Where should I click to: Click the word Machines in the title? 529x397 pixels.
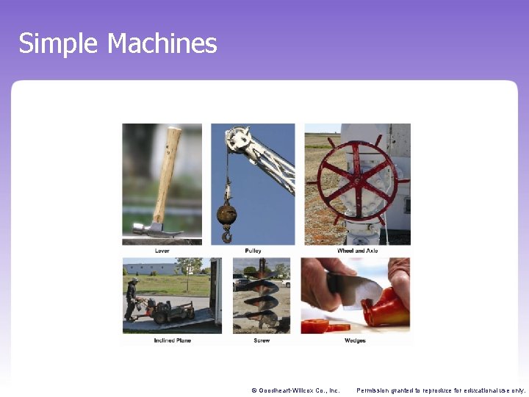(x=162, y=43)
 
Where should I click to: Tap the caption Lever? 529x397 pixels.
(x=162, y=251)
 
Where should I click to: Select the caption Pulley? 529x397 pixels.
(x=253, y=251)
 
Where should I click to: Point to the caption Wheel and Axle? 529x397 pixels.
(x=358, y=251)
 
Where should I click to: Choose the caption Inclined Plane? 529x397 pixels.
(x=171, y=340)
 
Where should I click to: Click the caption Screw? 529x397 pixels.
(x=262, y=340)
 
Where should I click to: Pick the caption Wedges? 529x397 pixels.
(x=355, y=340)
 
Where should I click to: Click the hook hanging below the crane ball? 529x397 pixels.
(x=226, y=236)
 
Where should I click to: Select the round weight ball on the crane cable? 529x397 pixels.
(x=226, y=215)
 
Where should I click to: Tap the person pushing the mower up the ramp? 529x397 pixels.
(x=132, y=298)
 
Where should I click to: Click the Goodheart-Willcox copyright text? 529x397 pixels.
(x=295, y=390)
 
